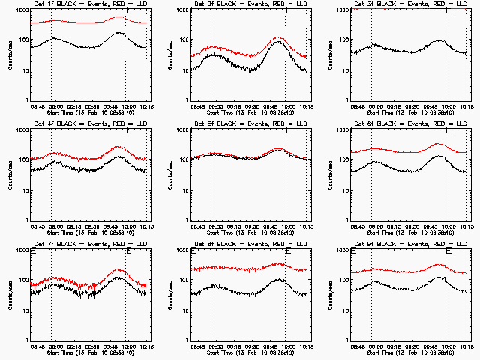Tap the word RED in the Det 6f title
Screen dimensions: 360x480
pyautogui.click(x=424, y=124)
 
